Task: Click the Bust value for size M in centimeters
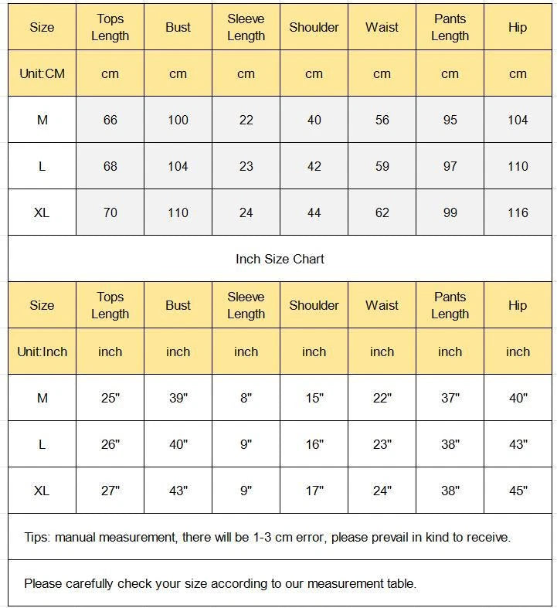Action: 178,120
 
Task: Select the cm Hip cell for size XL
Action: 518,212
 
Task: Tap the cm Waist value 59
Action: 382,166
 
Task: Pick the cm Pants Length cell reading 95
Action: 450,120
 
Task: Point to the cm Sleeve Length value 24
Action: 246,212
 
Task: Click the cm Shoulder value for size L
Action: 314,166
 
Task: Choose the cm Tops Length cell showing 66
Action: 110,120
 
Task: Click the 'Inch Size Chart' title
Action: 280,259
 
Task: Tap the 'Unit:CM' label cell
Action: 42,73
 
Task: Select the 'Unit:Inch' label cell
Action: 42,352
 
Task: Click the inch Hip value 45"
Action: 518,491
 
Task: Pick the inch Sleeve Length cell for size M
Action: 246,398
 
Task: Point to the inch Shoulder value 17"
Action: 314,491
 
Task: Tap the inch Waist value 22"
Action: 382,398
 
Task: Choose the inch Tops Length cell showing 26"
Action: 110,444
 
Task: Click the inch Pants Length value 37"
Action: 450,398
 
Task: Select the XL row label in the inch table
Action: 42,491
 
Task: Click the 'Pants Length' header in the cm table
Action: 450,27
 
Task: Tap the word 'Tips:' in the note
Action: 37,537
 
